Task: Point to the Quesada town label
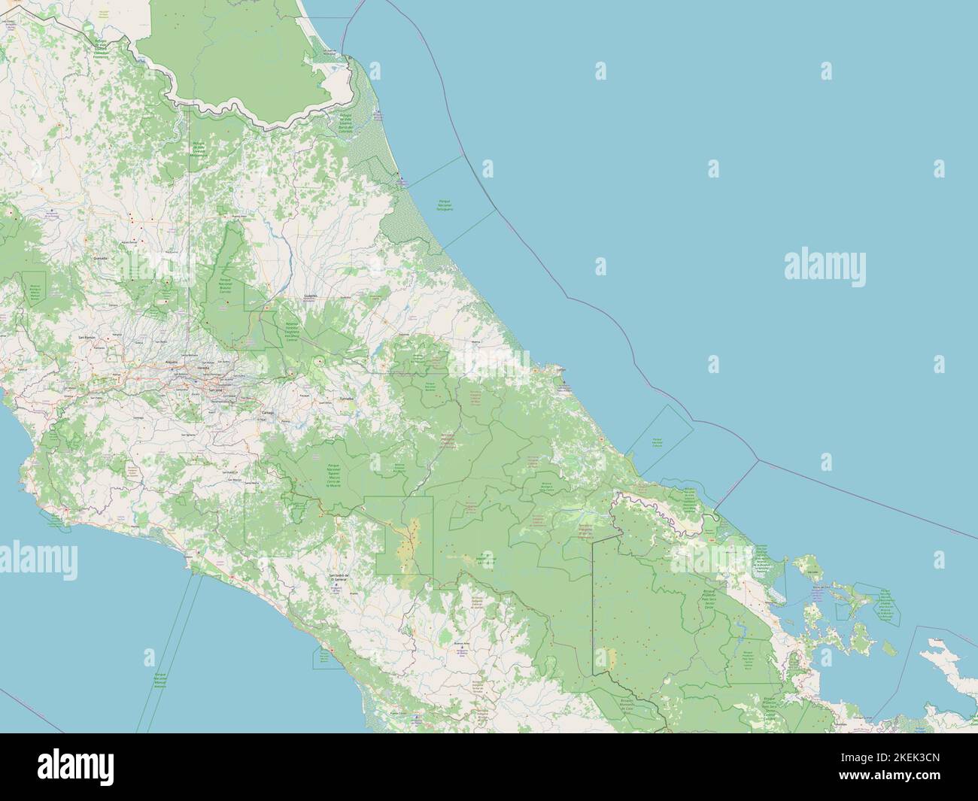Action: [99, 257]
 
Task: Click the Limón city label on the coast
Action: [559, 370]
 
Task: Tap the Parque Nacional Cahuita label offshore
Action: [658, 441]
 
